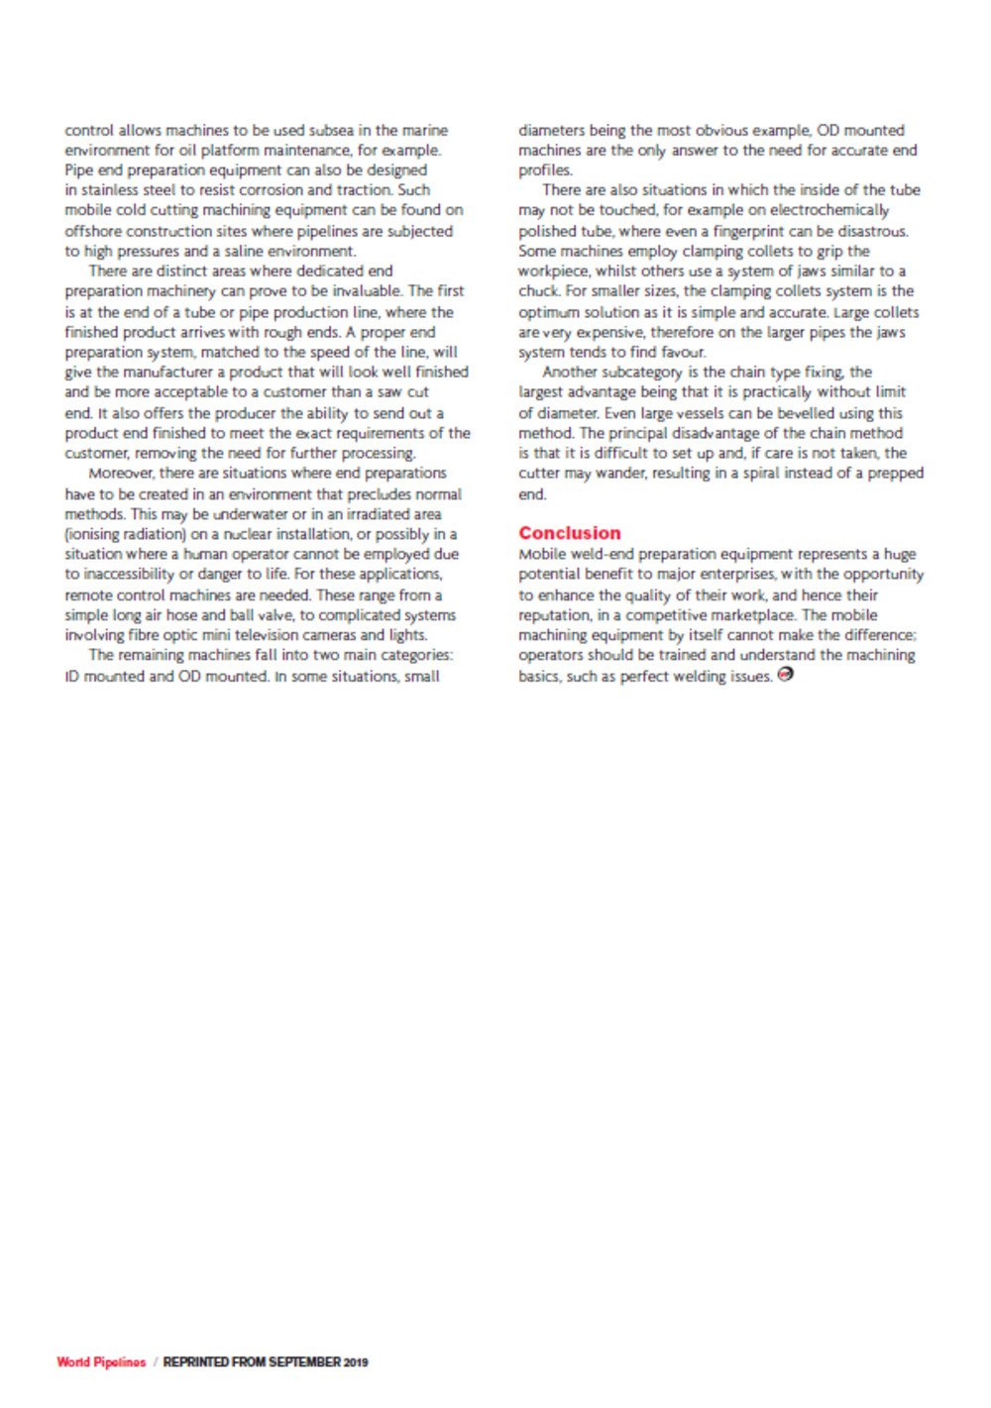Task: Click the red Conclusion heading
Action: point(569,533)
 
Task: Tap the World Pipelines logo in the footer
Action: point(101,1362)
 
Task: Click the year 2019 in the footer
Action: point(356,1362)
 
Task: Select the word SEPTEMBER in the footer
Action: point(304,1362)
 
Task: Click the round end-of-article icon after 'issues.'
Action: point(786,675)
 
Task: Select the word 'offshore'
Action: point(93,231)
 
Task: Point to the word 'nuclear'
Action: point(252,534)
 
